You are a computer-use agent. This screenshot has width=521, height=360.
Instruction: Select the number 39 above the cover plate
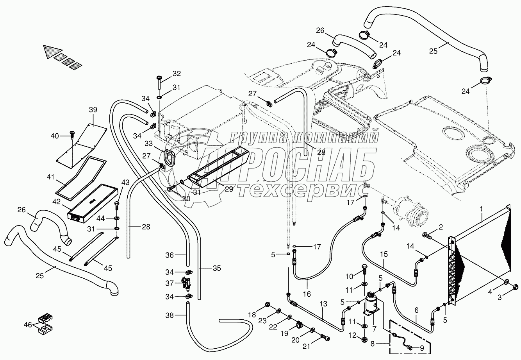point(93,110)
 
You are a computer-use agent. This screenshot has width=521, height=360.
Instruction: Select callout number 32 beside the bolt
point(177,73)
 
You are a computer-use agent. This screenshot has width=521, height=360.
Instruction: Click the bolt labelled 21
point(325,338)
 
